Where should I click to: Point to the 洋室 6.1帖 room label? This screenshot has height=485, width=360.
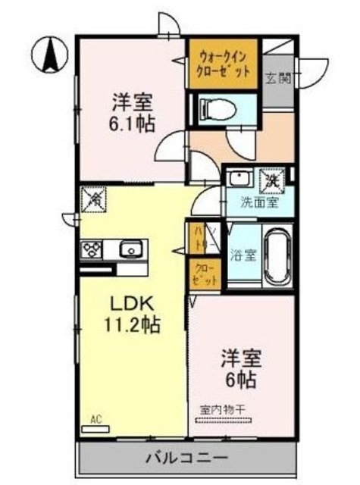tap(130, 113)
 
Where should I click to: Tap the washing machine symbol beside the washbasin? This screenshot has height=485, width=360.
tap(271, 180)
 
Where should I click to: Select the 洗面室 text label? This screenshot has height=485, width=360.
tap(258, 203)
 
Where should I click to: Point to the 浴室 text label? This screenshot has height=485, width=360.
tap(243, 255)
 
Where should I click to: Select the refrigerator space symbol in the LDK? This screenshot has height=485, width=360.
tap(95, 201)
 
